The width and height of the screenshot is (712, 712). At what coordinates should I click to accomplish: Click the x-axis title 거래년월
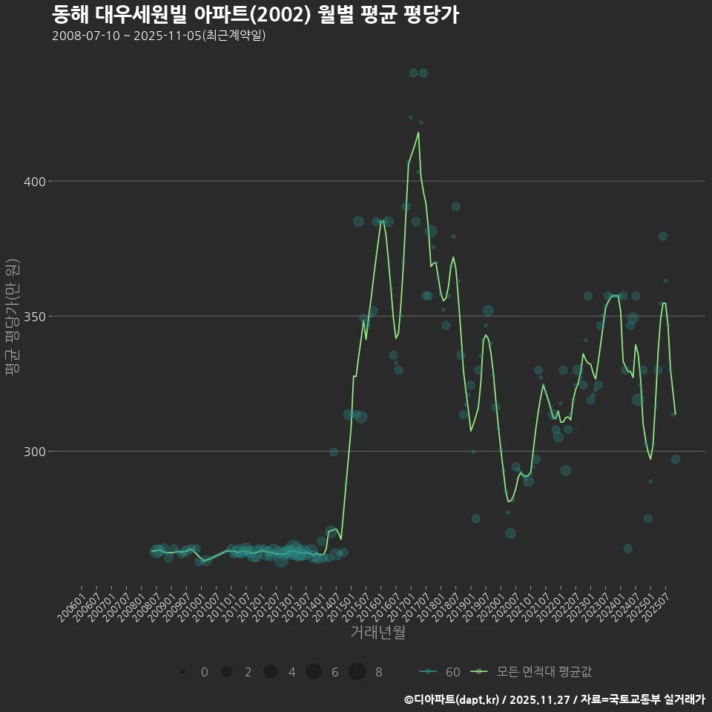point(378,633)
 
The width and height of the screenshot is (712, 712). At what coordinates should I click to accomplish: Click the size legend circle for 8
point(358,672)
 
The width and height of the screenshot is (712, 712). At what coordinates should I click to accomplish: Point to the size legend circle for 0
point(182,672)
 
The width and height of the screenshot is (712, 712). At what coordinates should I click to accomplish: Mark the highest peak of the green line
point(418,133)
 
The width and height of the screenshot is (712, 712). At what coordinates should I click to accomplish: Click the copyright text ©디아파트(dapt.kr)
point(452,699)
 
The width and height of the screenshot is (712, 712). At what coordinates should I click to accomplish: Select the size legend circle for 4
point(270,672)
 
